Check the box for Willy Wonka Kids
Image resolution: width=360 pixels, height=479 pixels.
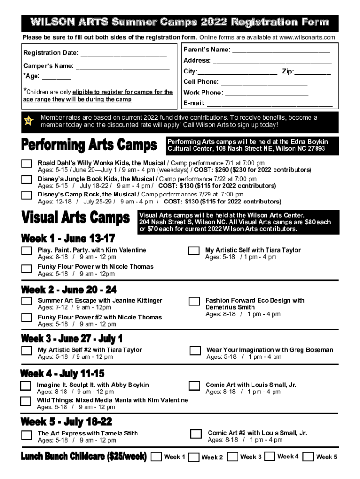(x=27, y=164)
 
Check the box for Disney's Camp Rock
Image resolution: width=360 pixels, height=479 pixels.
(x=27, y=195)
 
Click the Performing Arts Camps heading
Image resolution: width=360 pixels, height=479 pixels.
(x=89, y=145)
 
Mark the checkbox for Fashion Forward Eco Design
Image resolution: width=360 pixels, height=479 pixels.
(x=194, y=301)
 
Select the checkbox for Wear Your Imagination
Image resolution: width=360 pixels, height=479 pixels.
(x=195, y=351)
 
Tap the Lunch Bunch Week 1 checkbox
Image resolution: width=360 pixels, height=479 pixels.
(x=157, y=457)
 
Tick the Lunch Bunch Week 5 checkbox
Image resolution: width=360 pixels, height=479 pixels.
(x=308, y=457)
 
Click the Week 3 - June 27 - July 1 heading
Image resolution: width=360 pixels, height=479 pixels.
(x=72, y=339)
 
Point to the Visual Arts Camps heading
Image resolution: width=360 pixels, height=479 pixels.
(x=76, y=218)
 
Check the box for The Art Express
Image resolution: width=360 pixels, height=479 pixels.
(x=27, y=435)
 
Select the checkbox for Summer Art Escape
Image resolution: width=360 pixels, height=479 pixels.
(x=27, y=301)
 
